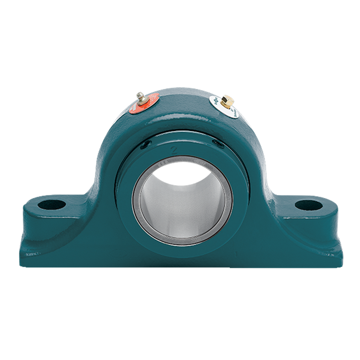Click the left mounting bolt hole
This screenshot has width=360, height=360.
tap(52, 205)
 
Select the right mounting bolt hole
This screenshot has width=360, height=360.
tap(309, 205)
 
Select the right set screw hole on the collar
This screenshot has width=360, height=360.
tap(218, 143)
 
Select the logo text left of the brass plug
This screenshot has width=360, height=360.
tap(215, 101)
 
